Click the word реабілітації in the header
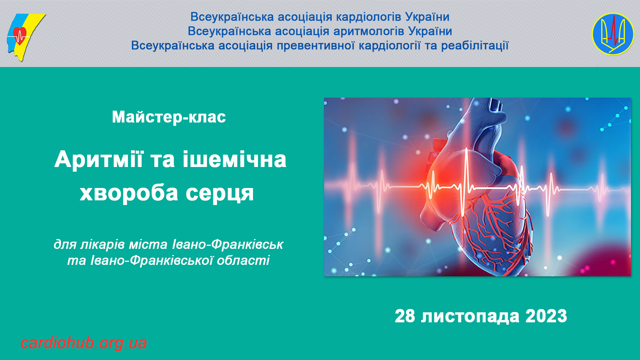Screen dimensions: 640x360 coord(475,46)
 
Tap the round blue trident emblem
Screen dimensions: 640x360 coord(613,34)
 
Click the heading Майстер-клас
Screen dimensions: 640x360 coord(169,117)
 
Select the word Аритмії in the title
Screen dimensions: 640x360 coord(99,159)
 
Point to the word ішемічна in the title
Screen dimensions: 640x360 coord(234,159)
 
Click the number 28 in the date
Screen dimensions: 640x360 coord(405,316)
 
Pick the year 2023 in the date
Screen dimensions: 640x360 coord(546,316)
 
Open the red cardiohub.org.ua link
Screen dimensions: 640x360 coord(84,343)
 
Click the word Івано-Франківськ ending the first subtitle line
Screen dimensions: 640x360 coord(228,245)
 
